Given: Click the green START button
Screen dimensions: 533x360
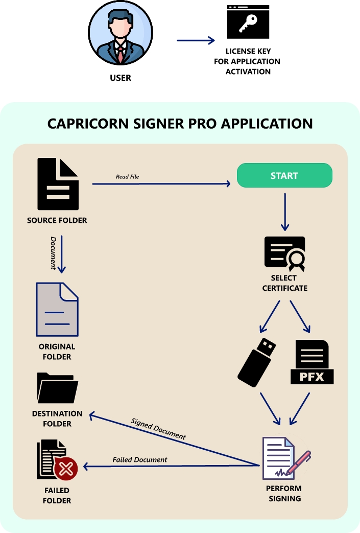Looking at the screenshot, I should coord(284,176).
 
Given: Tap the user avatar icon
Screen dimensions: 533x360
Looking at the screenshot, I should coord(120,34).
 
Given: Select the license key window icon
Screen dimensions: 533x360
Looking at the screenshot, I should coord(248,22).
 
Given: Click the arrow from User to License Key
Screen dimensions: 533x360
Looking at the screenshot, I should coord(196,40).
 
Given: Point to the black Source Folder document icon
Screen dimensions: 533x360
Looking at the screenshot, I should coord(58,184).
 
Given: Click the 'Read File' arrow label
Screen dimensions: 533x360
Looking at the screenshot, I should coord(127,177).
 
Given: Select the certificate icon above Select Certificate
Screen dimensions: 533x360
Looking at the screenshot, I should coord(284,254).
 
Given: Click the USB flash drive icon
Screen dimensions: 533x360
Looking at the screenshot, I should coord(257,361).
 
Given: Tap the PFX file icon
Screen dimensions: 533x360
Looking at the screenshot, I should coord(312,362).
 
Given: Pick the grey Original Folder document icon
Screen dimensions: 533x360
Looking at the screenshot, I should coord(57,309).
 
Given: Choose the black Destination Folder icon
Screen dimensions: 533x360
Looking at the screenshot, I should coord(57,388).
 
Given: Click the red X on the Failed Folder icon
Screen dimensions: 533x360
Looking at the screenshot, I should coord(66,468).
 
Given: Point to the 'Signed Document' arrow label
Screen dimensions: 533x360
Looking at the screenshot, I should coord(158,429).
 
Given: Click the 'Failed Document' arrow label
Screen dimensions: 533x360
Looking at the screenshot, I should coord(140,460).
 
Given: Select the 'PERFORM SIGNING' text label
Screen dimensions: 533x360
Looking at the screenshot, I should coord(284,493).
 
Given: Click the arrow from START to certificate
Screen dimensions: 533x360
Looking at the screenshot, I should coord(284,212).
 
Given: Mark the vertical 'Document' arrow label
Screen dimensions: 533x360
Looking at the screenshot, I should coord(53,252).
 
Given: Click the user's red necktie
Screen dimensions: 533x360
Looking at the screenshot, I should coord(120,53).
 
